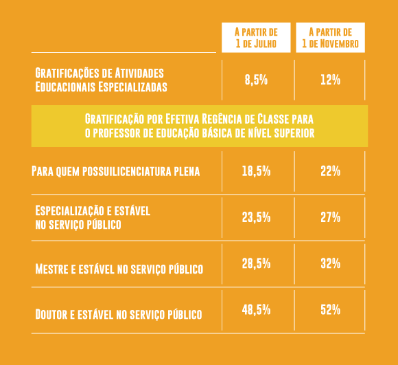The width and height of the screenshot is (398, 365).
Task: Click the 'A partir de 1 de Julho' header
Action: [x=256, y=38]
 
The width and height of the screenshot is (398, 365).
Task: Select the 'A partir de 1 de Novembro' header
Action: [x=331, y=38]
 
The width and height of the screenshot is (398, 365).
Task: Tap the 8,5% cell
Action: [x=256, y=80]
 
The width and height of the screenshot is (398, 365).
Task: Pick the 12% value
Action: [x=330, y=80]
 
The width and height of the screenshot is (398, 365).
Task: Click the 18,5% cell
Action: [x=256, y=171]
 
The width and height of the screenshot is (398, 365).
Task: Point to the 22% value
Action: [x=330, y=171]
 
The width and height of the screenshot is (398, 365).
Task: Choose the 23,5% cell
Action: [x=256, y=217]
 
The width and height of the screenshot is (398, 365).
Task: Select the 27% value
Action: [x=330, y=217]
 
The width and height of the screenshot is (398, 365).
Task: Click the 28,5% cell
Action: [x=256, y=263]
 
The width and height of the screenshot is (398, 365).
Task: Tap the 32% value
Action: [x=330, y=263]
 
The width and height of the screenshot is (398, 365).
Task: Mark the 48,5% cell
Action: [x=256, y=309]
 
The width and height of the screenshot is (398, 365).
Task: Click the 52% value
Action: [x=330, y=309]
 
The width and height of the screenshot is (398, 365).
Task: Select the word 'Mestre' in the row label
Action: [x=51, y=269]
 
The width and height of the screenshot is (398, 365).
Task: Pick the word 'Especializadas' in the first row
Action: [x=132, y=87]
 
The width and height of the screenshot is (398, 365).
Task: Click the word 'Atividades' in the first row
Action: [x=139, y=73]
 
